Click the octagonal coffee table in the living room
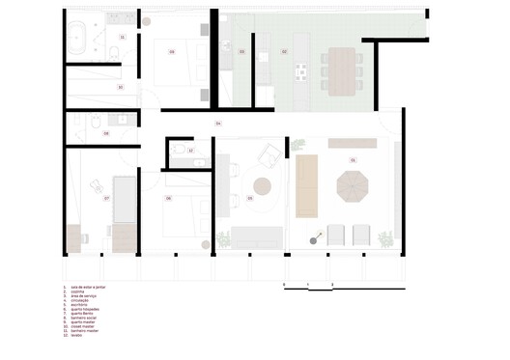coord(349,184)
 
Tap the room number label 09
coord(171,50)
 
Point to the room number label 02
coord(284,50)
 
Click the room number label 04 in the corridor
coord(218,124)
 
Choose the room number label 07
coord(106,198)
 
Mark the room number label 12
coord(190,151)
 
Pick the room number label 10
coord(120,87)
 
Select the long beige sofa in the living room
coord(307,184)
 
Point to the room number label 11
coord(122,37)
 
